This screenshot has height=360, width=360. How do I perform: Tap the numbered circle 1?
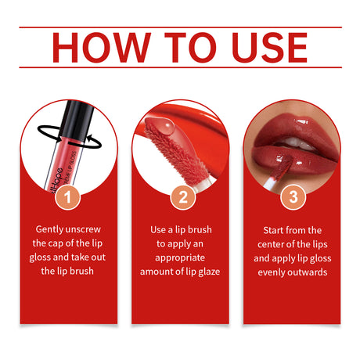coord(69,197)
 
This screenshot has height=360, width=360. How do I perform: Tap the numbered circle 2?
coord(182,197)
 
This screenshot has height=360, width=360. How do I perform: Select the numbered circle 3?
coord(293,197)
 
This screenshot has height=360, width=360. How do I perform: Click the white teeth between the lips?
coord(296,142)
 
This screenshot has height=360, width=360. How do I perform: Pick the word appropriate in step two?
coord(180,258)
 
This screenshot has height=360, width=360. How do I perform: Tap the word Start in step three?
coord(276,230)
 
